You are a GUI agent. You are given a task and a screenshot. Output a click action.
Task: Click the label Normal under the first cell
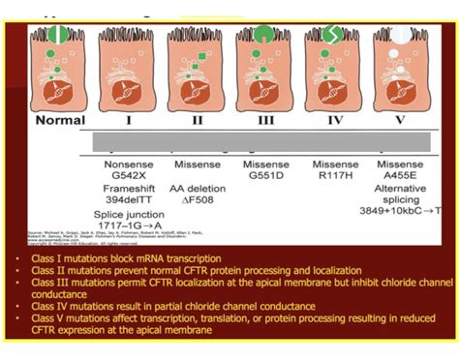[60, 121]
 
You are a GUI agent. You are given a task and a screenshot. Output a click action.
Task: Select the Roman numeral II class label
[198, 121]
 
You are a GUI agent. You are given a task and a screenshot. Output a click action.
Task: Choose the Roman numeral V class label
[399, 121]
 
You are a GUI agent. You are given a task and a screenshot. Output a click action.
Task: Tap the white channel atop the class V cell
[399, 38]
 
